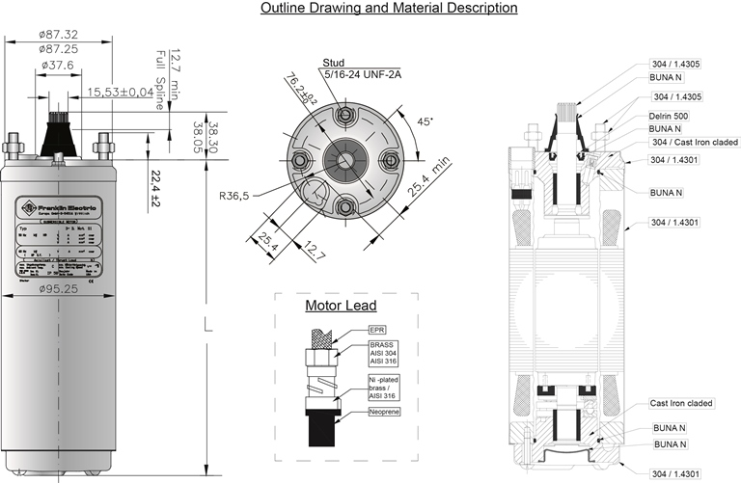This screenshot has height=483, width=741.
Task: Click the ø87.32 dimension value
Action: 59,35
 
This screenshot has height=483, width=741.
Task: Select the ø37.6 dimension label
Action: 59,67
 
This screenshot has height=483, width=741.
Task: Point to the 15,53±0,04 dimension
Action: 120,92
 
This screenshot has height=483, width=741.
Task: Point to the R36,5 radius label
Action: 235,195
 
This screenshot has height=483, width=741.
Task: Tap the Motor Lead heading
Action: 335,307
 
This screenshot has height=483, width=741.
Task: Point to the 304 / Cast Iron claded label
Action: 695,142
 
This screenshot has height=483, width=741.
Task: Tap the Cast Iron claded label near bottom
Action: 681,403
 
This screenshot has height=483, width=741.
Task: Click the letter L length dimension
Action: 207,328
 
